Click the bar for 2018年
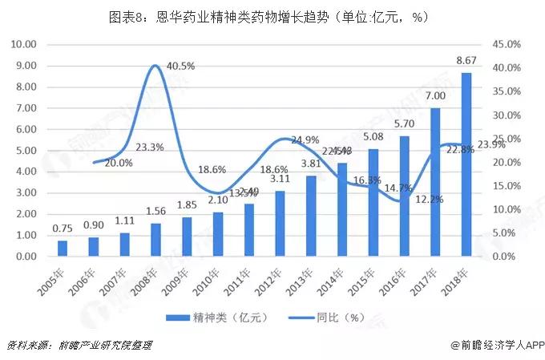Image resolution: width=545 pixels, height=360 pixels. coord(466,164)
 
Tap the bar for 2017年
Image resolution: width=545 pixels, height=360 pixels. coord(435,182)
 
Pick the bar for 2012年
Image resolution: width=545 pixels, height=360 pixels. coord(280,224)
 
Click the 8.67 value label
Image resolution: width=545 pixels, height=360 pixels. coord(467,60)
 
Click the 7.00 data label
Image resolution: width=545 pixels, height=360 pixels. coord(435,96)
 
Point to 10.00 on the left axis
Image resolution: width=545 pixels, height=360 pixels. coord(23,44)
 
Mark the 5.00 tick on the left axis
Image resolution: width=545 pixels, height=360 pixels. coord(26,151)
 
